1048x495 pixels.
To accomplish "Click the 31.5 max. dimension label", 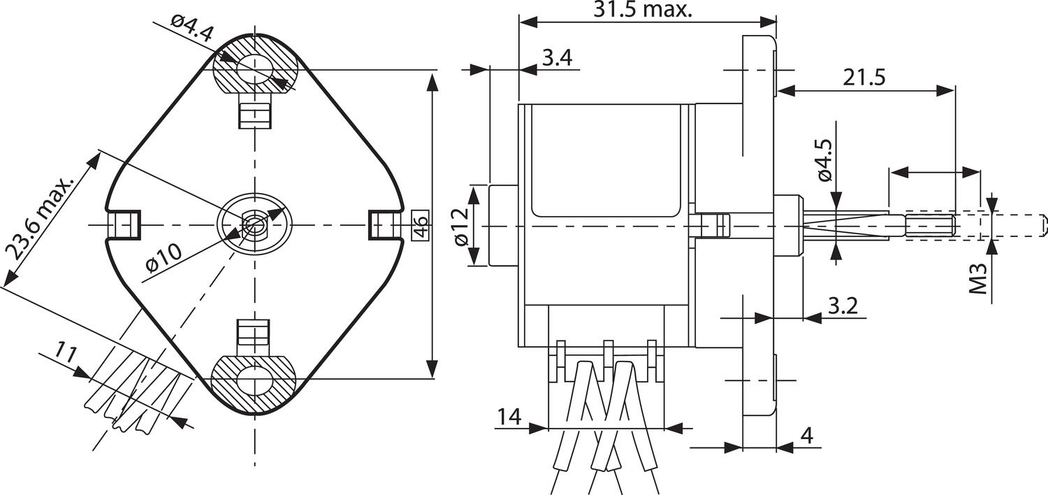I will (642, 10).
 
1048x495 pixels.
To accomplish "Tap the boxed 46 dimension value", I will (421, 225).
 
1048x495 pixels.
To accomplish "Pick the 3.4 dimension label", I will (557, 57).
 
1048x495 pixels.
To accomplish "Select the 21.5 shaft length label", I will (864, 77).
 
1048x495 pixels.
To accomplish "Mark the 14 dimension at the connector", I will (509, 417).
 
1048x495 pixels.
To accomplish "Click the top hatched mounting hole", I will (255, 69).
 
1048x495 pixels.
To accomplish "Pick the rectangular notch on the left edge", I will (124, 224).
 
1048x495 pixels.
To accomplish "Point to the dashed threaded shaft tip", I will (1006, 225).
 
